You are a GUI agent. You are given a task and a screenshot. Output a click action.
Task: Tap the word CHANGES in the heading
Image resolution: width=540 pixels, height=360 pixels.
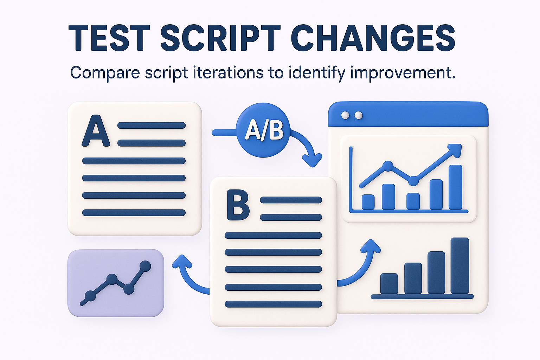pos(373,38)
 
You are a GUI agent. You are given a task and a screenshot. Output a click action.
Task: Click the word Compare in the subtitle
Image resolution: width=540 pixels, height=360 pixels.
pos(104,73)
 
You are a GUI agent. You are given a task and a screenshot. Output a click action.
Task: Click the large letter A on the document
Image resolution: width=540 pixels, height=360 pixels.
pos(96,131)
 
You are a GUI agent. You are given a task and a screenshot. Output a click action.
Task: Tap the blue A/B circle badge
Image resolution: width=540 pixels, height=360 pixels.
pos(263,130)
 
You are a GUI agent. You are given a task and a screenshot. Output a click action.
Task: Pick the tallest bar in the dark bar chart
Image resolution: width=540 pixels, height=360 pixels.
pos(460,265)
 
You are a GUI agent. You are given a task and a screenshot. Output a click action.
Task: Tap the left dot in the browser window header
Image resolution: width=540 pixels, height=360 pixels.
pos(345,115)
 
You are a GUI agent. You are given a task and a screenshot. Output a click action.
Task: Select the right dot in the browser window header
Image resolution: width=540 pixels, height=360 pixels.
pos(358,115)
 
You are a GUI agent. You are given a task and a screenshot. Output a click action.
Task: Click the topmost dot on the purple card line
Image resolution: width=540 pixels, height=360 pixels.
pos(145,266)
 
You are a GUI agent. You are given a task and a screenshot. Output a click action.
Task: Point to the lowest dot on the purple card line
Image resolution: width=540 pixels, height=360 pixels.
pos(90,296)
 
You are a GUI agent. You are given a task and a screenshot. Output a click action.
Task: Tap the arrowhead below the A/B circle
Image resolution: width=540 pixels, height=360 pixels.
pos(312,160)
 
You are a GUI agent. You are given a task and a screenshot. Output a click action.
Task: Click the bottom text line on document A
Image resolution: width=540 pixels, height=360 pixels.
pos(134,213)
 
